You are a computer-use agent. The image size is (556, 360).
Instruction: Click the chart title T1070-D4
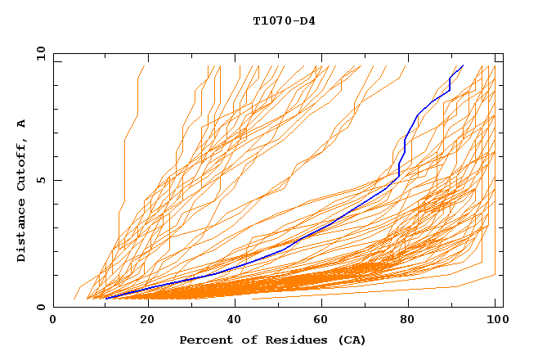coord(284,20)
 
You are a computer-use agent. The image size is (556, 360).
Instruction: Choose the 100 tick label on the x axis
coord(495,320)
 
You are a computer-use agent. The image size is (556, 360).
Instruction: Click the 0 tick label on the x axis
coord(54,320)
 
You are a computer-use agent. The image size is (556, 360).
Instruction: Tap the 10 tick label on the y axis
coord(38,53)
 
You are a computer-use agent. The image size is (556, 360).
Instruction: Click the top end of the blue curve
coord(463,66)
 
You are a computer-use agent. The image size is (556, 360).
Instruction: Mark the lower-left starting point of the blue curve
coord(106,299)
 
